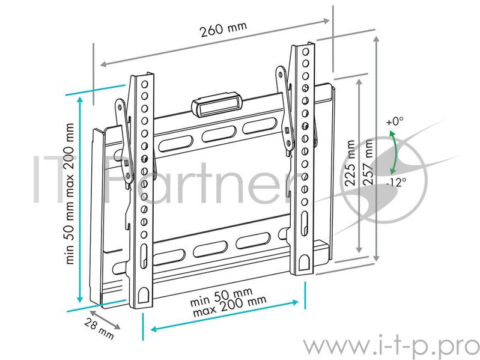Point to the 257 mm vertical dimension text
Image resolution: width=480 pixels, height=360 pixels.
367,161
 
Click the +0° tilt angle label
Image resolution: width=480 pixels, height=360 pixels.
395,121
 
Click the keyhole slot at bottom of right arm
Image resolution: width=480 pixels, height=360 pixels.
305,261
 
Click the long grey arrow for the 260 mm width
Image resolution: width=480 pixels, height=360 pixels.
216,42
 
